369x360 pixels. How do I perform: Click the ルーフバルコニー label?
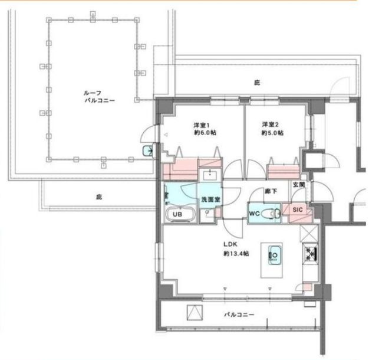[x=99, y=97]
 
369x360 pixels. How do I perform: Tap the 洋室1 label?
[x=202, y=125]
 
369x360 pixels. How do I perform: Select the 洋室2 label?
[x=271, y=125]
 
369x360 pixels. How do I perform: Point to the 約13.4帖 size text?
[x=236, y=254]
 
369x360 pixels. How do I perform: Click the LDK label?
[x=230, y=244]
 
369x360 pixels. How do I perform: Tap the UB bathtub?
[x=180, y=214]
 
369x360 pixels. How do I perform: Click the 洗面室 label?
[x=210, y=200]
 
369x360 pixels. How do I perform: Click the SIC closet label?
[x=298, y=210]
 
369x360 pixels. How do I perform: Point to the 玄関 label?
[x=299, y=185]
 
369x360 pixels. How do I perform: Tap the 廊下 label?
[x=271, y=191]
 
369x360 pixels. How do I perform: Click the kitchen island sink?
[x=274, y=255]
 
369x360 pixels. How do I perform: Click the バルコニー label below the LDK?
[x=239, y=315]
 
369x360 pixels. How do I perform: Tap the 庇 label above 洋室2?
[x=257, y=83]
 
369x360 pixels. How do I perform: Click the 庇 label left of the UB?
[x=99, y=197]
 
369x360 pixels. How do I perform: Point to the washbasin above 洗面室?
[x=210, y=175]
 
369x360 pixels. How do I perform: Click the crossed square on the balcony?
[x=195, y=312]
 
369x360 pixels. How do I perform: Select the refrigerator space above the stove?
[x=309, y=234]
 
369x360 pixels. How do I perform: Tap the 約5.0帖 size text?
[x=272, y=133]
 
